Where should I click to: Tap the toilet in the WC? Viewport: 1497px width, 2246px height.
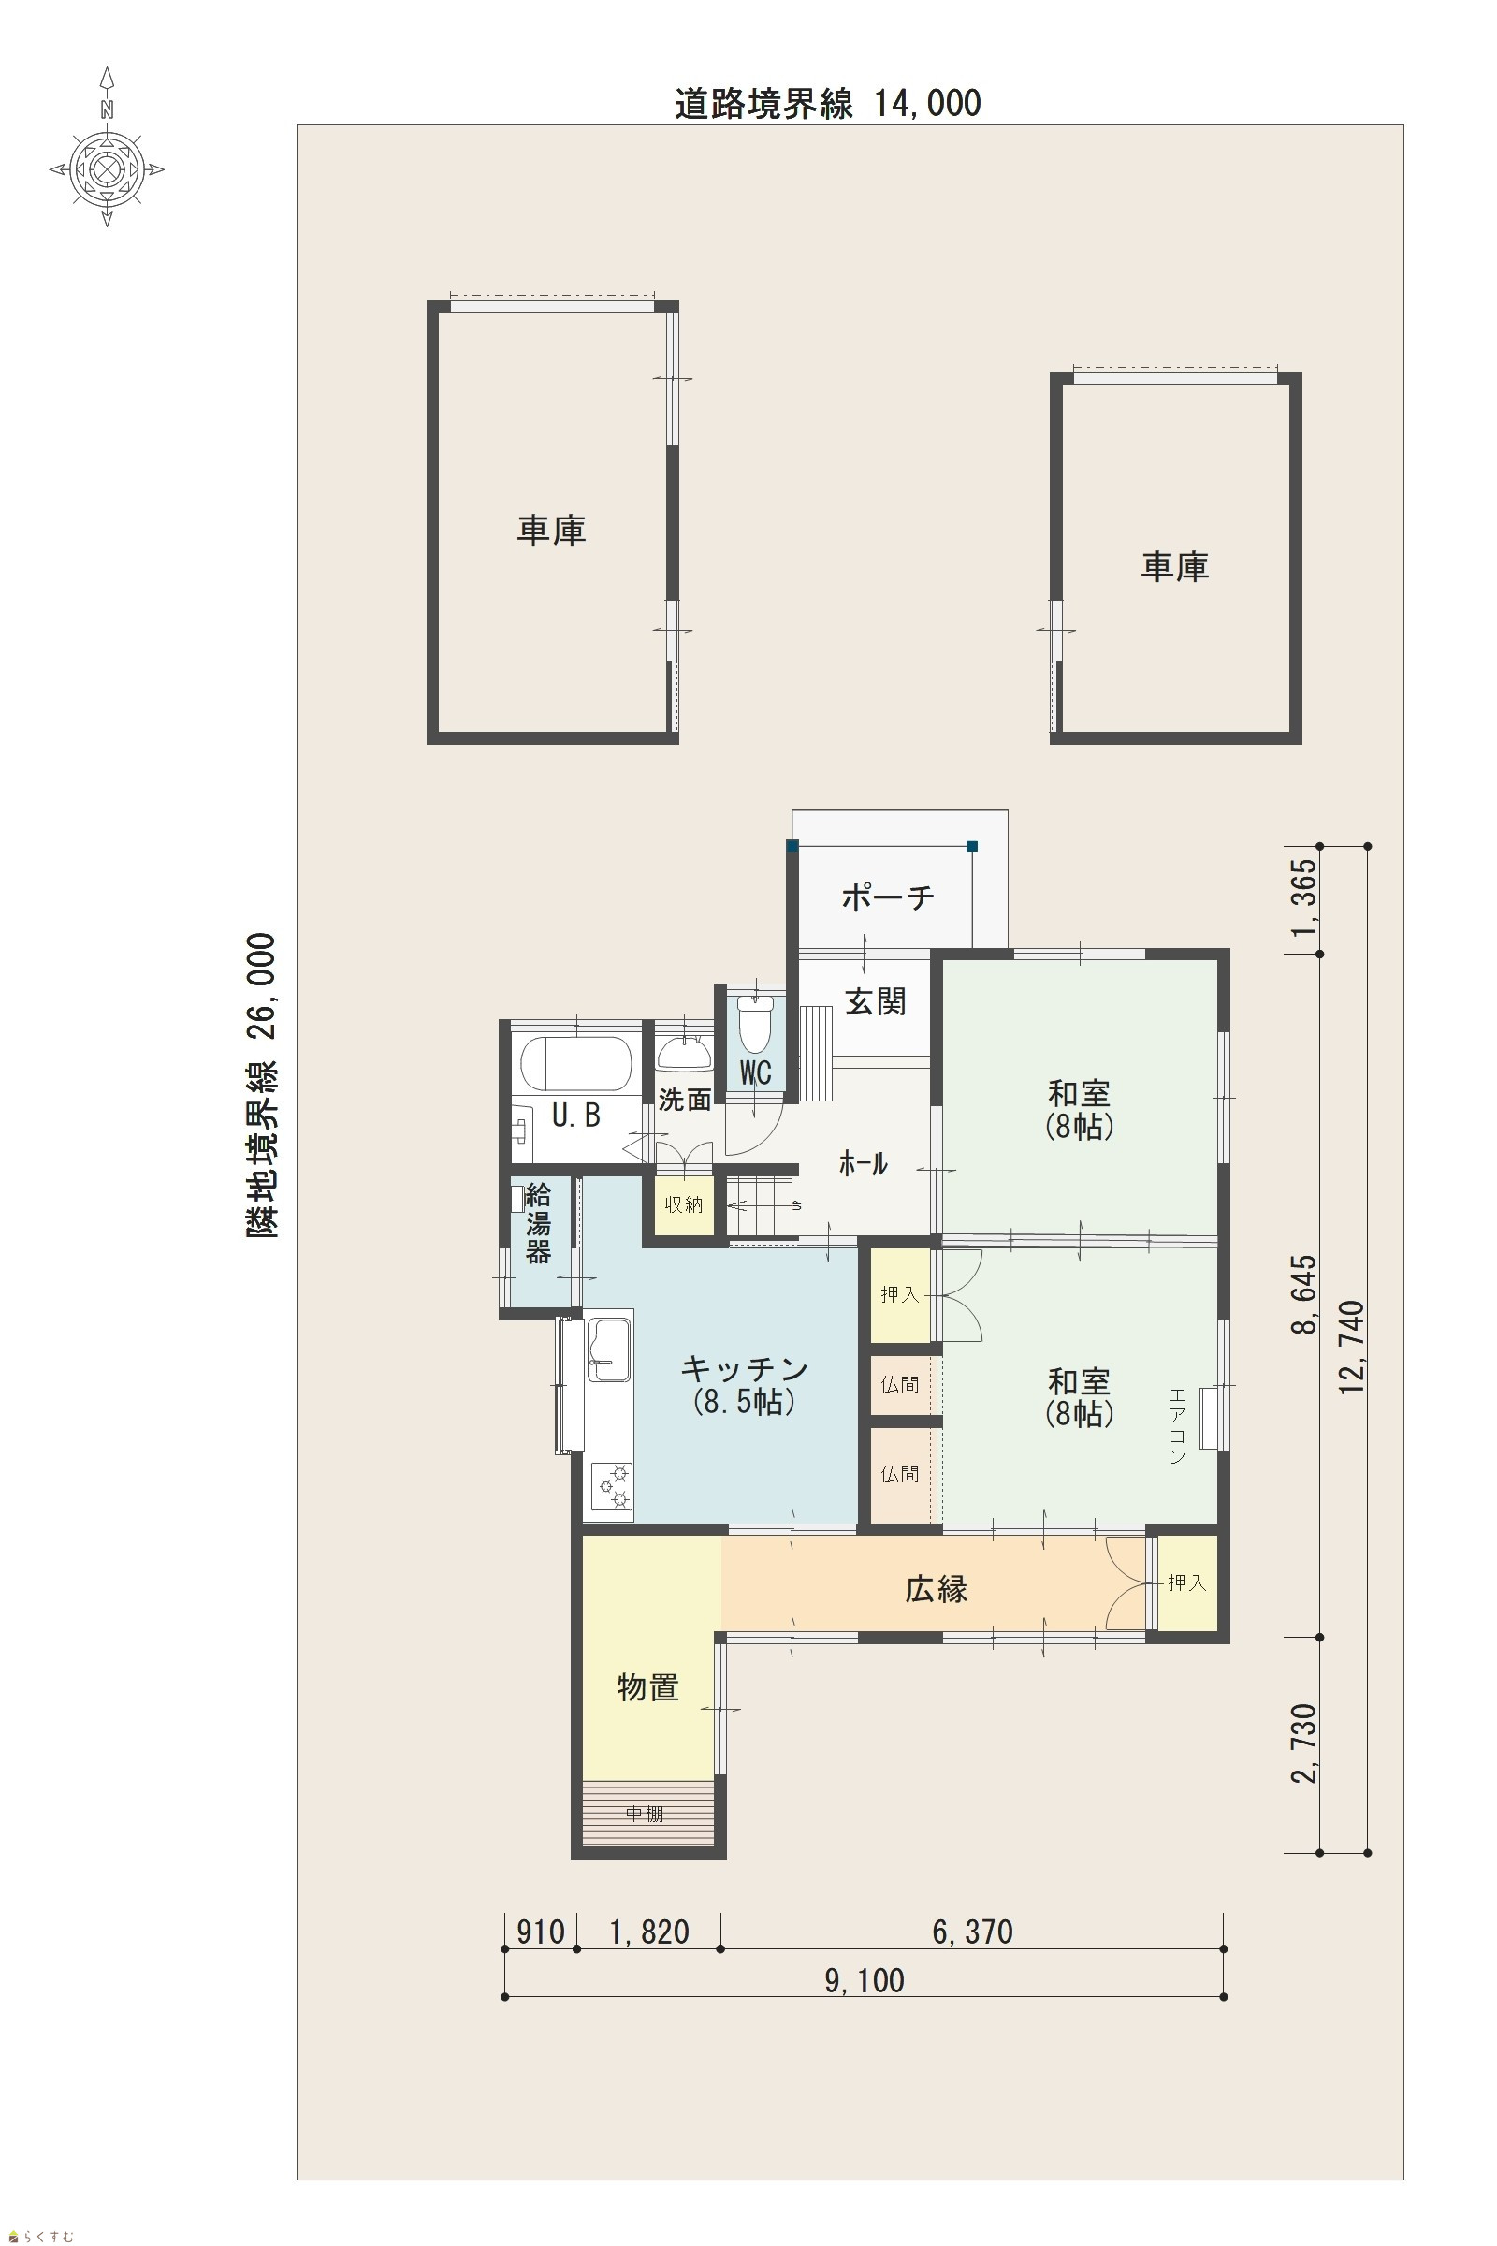click(755, 1025)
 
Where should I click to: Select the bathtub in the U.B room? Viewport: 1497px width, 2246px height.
click(575, 1064)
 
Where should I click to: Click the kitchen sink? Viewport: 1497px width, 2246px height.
click(609, 1349)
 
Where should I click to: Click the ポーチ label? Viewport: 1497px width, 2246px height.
click(888, 897)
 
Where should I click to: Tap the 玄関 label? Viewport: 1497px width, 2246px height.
click(876, 1001)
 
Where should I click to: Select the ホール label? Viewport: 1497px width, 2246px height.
click(863, 1164)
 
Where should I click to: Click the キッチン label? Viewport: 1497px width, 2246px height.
click(745, 1368)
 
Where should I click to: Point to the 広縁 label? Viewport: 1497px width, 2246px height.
click(937, 1588)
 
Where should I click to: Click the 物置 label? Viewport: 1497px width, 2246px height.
click(648, 1687)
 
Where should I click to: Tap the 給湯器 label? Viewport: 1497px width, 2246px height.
click(539, 1223)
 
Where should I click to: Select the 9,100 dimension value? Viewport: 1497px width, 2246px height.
click(865, 1980)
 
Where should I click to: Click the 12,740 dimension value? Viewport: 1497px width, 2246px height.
click(1352, 1348)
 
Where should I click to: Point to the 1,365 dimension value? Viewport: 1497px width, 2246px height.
click(1304, 897)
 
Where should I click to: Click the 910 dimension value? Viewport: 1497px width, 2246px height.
click(541, 1932)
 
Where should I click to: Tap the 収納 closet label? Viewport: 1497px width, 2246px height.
click(684, 1205)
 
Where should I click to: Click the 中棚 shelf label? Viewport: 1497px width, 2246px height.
click(645, 1814)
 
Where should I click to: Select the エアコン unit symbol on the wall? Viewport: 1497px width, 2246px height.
click(1209, 1419)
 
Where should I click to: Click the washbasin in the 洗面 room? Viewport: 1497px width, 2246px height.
click(684, 1054)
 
